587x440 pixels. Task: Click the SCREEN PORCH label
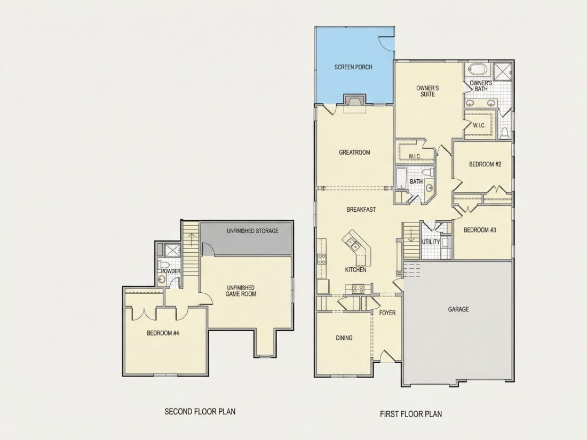(353, 67)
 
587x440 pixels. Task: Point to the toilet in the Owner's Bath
(505, 133)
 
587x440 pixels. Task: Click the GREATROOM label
(354, 153)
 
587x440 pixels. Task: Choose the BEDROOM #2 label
(485, 164)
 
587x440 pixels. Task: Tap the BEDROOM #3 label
(480, 230)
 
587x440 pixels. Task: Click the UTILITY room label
(431, 242)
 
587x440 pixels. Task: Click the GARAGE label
(458, 309)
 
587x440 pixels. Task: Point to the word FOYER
(387, 313)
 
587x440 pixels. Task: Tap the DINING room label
(344, 338)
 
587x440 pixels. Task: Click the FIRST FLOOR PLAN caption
(411, 414)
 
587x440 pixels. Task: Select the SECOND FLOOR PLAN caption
(200, 412)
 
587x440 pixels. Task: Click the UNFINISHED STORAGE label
(252, 231)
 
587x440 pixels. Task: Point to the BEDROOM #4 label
(163, 333)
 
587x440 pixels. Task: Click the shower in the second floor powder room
(173, 250)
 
